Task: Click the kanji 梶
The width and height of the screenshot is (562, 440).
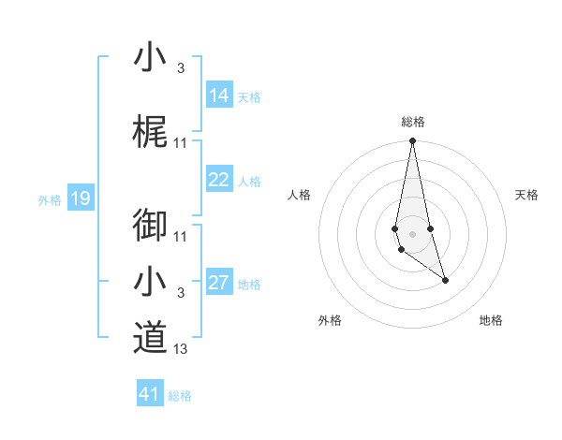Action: click(x=150, y=135)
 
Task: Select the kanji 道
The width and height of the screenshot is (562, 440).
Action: click(x=150, y=337)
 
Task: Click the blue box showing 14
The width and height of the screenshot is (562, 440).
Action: click(x=219, y=95)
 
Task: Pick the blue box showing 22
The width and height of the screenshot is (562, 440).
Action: click(x=219, y=181)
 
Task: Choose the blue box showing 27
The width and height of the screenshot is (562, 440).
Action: click(x=219, y=284)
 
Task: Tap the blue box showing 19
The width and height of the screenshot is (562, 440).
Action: click(x=80, y=198)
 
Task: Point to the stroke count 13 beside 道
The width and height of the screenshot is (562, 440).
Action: click(x=181, y=349)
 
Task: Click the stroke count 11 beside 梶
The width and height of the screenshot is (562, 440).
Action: click(x=181, y=143)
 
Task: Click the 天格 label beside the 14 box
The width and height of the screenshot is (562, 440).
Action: click(x=249, y=97)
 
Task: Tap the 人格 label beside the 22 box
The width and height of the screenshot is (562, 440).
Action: click(x=249, y=182)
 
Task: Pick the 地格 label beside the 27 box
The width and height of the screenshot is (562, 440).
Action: click(x=249, y=285)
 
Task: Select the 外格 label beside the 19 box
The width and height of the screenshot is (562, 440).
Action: click(x=50, y=199)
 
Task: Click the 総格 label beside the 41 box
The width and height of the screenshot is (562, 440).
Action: click(x=180, y=396)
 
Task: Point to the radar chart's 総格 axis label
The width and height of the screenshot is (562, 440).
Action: click(x=413, y=122)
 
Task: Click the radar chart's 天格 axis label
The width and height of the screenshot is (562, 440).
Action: click(x=527, y=195)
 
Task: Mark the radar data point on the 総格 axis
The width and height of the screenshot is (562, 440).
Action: click(x=412, y=141)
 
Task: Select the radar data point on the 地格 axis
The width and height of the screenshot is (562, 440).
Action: click(x=445, y=280)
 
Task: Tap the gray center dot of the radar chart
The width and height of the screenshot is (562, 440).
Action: click(x=412, y=233)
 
